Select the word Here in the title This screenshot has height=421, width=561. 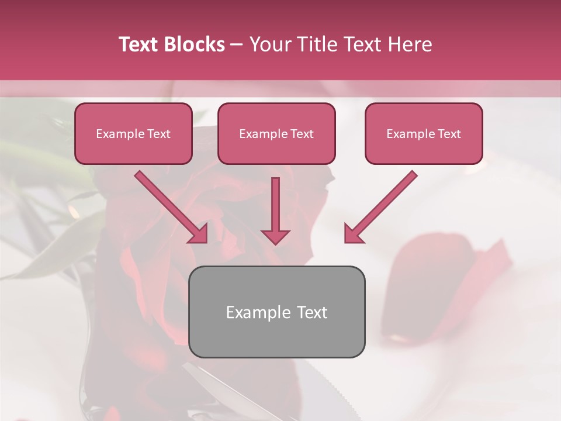click(x=409, y=44)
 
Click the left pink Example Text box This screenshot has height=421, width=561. click(x=133, y=133)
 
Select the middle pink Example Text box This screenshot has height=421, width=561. click(x=276, y=133)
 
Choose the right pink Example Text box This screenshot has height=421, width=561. click(x=424, y=133)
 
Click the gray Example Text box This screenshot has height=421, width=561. click(x=276, y=312)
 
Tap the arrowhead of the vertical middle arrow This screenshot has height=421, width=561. click(x=275, y=236)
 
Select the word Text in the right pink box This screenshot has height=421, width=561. click(x=449, y=133)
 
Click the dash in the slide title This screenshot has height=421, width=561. click(x=237, y=45)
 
